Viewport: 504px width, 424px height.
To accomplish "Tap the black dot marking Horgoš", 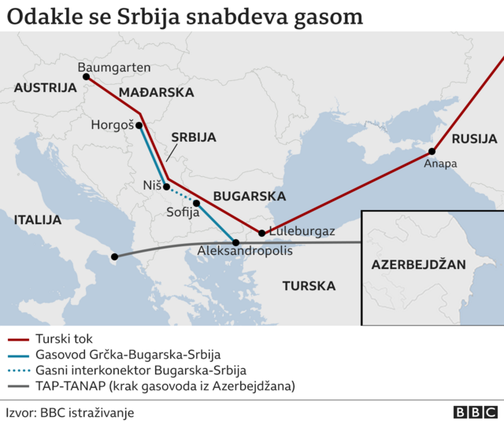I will click(139, 125).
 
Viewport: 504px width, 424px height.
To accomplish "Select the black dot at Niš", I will click(166, 186).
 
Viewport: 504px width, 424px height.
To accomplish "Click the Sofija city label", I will click(183, 212).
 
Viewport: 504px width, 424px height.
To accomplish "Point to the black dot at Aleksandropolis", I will click(235, 241).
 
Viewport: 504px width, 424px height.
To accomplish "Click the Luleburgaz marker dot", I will click(261, 232).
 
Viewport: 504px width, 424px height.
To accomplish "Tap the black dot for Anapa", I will click(432, 151).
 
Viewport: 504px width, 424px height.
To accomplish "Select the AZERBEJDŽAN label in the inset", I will click(418, 265).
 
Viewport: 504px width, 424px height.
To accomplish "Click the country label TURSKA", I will click(309, 286).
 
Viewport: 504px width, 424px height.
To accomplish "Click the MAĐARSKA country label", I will click(156, 93).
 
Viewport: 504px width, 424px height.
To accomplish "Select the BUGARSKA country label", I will click(249, 196).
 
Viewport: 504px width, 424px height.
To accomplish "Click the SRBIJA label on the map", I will click(193, 137).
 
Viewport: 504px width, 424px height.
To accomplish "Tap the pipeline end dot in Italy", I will click(115, 256).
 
